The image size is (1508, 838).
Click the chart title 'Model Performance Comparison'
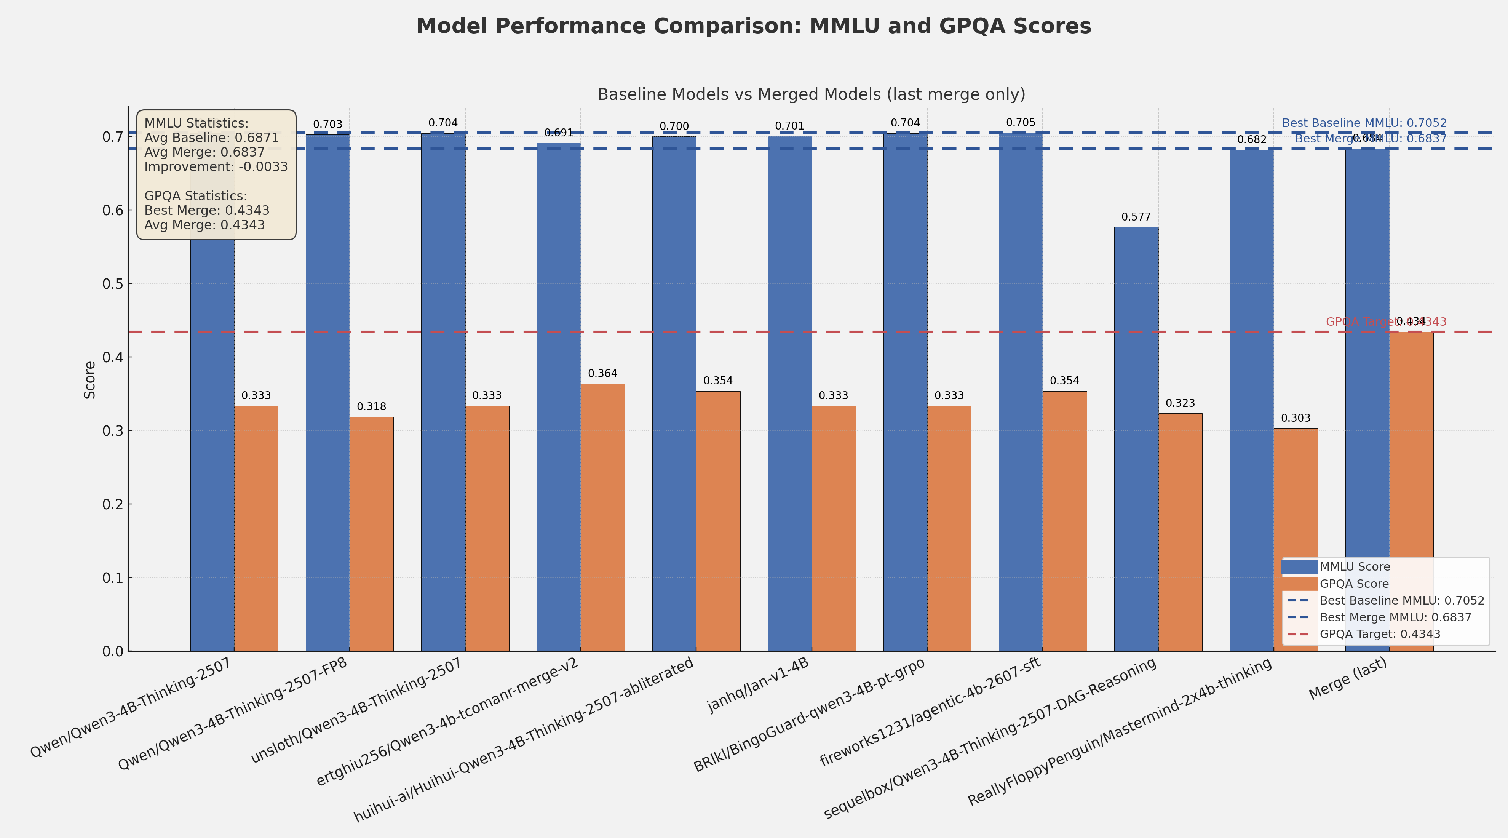coord(753,26)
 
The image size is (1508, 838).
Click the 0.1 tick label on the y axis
coord(113,578)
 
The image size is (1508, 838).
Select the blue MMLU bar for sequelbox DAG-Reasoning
coord(1136,439)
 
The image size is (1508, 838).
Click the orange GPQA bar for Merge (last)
coord(1411,492)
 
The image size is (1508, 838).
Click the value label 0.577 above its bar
coord(1136,217)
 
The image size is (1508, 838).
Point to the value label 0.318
coord(371,407)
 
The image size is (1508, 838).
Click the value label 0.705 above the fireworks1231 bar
coord(1020,123)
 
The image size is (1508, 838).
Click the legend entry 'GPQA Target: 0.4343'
coord(1380,634)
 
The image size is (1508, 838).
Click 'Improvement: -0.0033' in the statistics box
coord(216,167)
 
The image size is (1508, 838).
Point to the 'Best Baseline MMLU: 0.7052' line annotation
coord(1364,123)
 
